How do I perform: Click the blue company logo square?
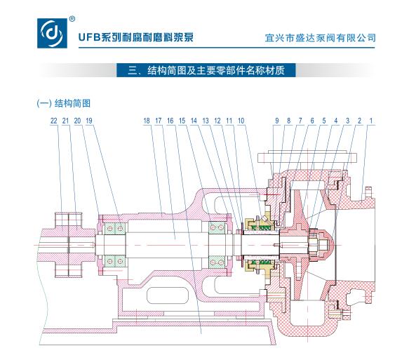coord(53,33)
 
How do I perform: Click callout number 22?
coord(54,121)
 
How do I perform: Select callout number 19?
coord(89,121)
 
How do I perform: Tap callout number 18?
coord(147,121)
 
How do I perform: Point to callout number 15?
coord(182,121)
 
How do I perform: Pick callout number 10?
coord(241,121)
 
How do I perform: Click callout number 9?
coord(276,121)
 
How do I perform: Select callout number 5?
coord(324,121)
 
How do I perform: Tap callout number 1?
coord(371,121)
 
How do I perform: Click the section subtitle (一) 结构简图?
coord(64,103)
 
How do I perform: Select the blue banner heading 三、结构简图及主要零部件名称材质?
coord(206,70)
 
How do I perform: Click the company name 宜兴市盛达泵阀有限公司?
coord(321,38)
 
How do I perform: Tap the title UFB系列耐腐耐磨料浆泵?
coord(136,37)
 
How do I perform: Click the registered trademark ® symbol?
coord(72,19)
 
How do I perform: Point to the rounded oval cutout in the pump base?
coord(168,295)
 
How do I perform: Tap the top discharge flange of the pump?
coord(307,158)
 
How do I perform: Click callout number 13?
coord(206,121)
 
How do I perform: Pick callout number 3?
coord(347,121)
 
